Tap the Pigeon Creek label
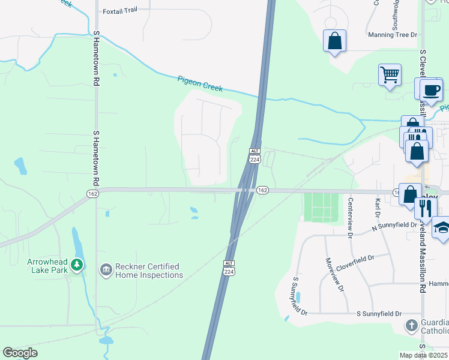tap(200, 83)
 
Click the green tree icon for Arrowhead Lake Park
tap(76, 265)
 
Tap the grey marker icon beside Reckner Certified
tap(106, 271)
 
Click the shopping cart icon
tap(390, 76)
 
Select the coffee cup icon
tap(431, 91)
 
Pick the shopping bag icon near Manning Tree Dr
tap(335, 41)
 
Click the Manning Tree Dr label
tap(392, 35)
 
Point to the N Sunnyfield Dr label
tap(394, 226)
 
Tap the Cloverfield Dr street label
tap(354, 258)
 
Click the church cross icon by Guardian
tap(411, 326)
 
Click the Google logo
tap(20, 353)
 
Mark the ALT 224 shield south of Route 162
tap(229, 268)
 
